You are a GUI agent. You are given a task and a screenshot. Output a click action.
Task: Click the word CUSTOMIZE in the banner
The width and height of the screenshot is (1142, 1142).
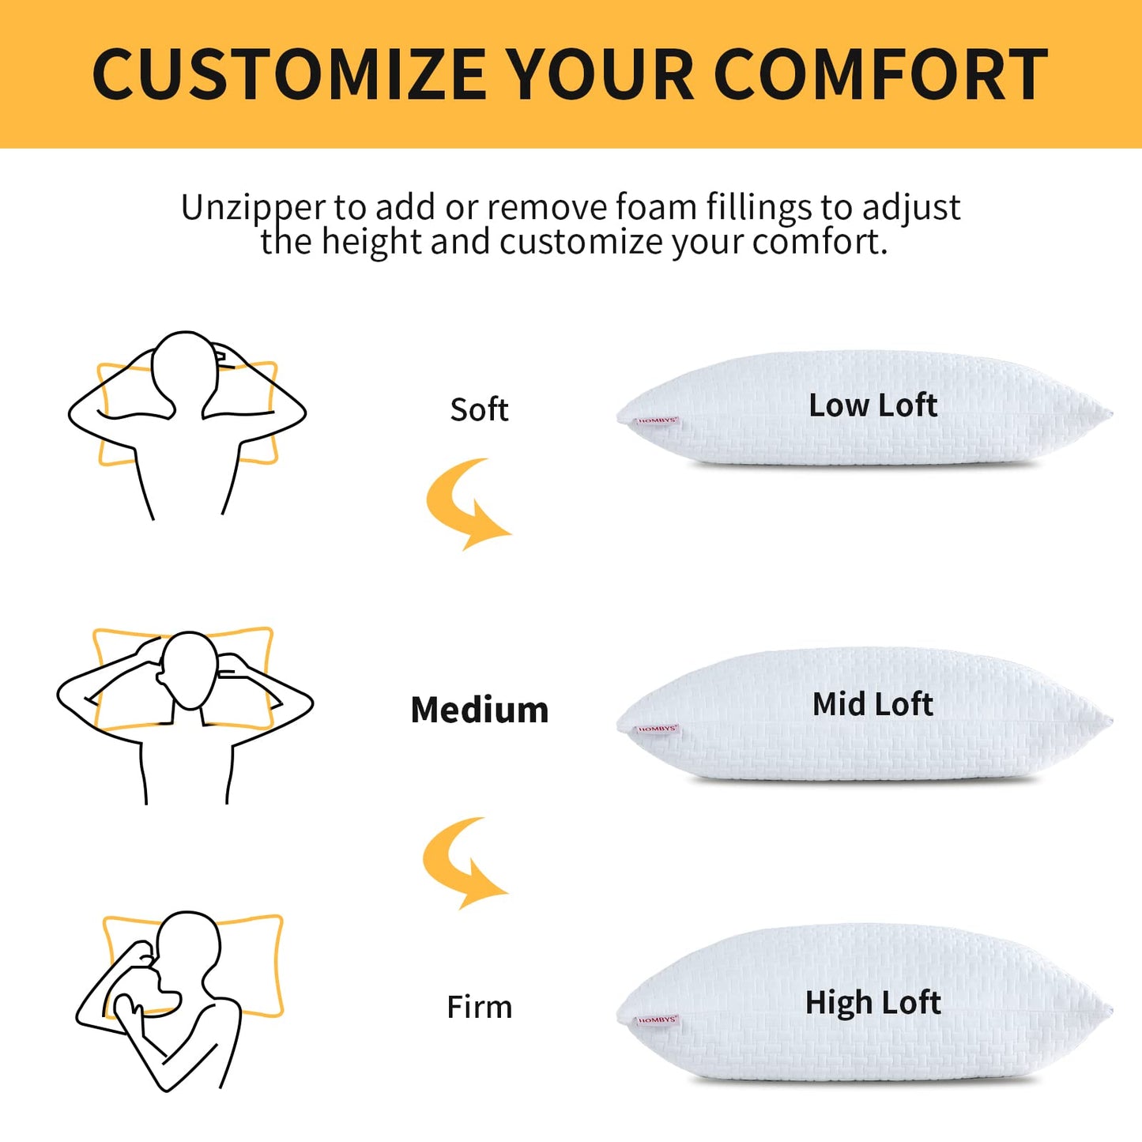pos(290,74)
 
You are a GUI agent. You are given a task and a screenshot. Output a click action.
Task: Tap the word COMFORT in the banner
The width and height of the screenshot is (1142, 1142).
pos(880,74)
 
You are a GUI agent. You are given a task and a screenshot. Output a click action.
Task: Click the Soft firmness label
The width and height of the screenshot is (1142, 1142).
pos(479,409)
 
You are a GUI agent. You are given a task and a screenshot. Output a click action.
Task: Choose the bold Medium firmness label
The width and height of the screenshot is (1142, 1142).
pos(480,710)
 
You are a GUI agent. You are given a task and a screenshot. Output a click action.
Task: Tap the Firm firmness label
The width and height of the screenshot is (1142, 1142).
pos(480,1007)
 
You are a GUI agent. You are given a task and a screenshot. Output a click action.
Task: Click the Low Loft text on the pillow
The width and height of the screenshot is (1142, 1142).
pos(873,405)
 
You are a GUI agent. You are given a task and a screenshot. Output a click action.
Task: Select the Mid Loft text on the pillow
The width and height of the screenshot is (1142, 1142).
pos(873,704)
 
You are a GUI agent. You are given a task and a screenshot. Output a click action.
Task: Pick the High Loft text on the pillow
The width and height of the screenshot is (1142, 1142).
pos(873,1003)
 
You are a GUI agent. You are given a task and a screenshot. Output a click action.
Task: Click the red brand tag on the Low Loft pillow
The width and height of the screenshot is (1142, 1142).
pos(658,421)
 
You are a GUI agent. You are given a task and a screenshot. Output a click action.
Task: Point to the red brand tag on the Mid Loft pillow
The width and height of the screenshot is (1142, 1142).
pos(658,729)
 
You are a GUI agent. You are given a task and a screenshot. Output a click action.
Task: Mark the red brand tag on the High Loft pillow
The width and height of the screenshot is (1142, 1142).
pos(658,1020)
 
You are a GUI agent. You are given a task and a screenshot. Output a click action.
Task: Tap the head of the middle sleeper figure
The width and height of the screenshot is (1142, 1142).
pos(189,670)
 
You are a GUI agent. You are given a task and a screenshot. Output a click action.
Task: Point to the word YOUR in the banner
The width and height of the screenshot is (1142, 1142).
pos(601,74)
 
